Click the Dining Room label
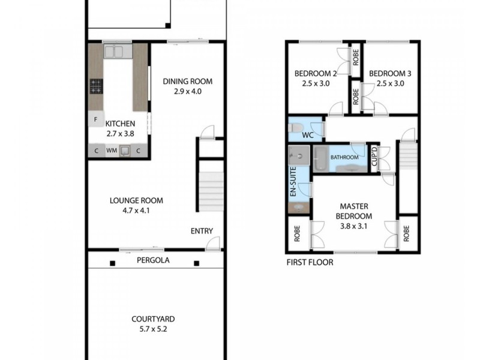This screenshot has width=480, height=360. [188, 82]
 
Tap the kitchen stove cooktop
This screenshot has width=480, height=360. [96, 86]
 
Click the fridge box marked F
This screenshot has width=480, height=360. [95, 119]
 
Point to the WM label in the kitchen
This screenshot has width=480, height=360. [112, 151]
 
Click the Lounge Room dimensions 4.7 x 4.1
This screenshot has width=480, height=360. [136, 211]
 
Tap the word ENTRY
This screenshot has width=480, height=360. [202, 231]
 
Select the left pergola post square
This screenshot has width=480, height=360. [113, 263]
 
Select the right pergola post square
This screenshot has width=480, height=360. [196, 263]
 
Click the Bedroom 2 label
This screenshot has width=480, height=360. [315, 74]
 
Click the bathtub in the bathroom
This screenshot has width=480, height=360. [321, 158]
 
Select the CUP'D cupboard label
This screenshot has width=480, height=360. [373, 157]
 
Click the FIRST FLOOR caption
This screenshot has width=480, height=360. [310, 262]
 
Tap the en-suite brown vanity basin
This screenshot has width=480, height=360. [297, 208]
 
